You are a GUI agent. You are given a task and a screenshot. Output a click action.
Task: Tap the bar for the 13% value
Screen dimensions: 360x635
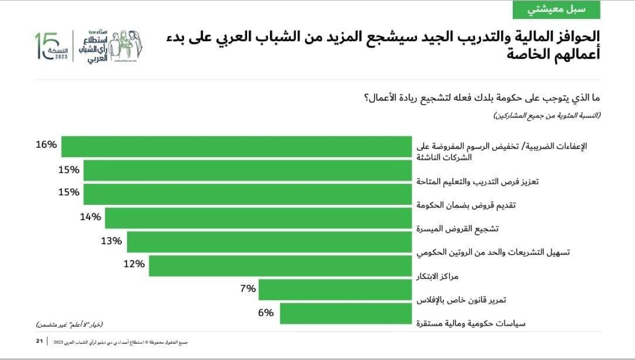(269, 242)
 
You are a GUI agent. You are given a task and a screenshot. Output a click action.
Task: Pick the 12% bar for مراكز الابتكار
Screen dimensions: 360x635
(280, 266)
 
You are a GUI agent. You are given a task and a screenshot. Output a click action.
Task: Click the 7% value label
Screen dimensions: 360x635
(248, 289)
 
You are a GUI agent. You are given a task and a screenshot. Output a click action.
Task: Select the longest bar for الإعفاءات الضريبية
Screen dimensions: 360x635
(237, 147)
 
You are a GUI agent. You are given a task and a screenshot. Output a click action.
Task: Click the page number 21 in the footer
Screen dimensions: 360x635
(39, 341)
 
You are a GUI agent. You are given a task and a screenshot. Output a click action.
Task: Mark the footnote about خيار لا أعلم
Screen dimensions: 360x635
(69, 323)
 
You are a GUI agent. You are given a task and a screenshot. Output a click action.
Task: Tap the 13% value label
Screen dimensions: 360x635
(111, 241)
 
